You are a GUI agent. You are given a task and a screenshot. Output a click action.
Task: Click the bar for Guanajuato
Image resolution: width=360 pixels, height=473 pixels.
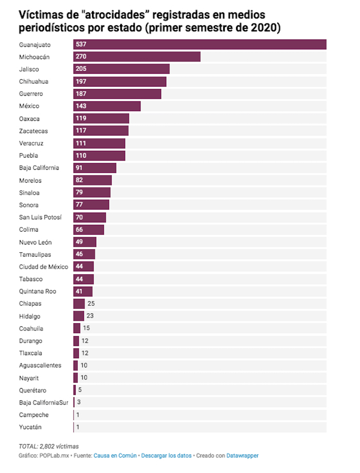(200, 44)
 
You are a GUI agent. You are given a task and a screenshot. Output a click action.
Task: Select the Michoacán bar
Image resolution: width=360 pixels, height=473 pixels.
(137, 57)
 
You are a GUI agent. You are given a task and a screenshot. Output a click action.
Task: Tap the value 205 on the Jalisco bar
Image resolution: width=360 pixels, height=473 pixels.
(81, 69)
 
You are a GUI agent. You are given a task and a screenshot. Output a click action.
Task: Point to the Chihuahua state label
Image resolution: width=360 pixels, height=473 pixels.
(33, 81)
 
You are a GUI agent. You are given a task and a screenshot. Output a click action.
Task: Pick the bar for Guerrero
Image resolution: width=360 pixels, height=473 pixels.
(117, 94)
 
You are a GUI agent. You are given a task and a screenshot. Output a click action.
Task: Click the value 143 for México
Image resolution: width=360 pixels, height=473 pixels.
(81, 106)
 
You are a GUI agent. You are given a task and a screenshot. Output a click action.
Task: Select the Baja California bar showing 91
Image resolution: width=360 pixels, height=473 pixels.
(95, 168)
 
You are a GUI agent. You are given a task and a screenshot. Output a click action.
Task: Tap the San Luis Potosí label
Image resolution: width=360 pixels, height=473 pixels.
(40, 217)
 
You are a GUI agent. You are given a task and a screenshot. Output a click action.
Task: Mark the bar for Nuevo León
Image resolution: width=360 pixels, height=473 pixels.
(85, 242)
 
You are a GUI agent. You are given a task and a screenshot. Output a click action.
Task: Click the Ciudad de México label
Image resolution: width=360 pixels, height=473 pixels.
(43, 267)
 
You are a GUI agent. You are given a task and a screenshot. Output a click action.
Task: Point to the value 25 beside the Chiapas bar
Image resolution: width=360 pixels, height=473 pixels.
(91, 304)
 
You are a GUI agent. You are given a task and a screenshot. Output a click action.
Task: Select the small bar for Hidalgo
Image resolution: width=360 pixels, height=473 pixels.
(79, 316)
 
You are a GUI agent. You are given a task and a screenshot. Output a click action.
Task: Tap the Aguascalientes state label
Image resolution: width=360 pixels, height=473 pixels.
(40, 365)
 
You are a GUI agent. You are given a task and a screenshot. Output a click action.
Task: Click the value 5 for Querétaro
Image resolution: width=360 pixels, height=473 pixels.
(80, 390)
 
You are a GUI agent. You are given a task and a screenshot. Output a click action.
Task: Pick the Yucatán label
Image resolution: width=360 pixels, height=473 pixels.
(30, 427)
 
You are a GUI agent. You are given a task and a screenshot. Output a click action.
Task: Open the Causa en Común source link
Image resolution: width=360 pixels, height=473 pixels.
(115, 456)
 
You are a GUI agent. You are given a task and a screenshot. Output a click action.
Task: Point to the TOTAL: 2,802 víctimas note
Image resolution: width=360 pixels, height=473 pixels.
(49, 446)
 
